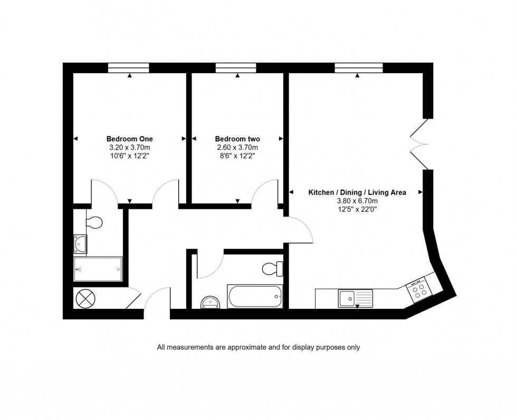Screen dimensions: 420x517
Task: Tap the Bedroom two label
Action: point(237,139)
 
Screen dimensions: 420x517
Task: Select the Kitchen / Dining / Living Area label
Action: point(357,192)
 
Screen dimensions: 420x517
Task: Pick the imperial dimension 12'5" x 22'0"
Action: point(357,209)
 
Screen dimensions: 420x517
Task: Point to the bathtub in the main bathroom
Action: point(255,297)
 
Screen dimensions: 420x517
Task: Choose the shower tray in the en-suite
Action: point(98,269)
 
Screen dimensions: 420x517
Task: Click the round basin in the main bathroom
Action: point(211,302)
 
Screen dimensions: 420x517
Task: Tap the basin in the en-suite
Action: point(81,243)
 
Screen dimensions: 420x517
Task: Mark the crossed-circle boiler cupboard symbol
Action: point(84,299)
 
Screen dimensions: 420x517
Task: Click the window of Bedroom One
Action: point(129,67)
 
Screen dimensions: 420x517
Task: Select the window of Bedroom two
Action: point(236,67)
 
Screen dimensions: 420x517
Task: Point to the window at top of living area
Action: point(358,67)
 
